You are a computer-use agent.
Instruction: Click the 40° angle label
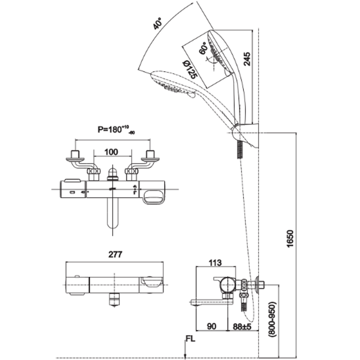coord(157,23)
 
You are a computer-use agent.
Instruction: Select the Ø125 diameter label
coord(189,70)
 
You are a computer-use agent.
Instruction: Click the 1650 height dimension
coord(291,236)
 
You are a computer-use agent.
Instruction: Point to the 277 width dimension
coord(116,254)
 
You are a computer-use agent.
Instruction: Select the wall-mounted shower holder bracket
coord(247,135)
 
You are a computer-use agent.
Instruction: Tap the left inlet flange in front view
coord(76,157)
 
